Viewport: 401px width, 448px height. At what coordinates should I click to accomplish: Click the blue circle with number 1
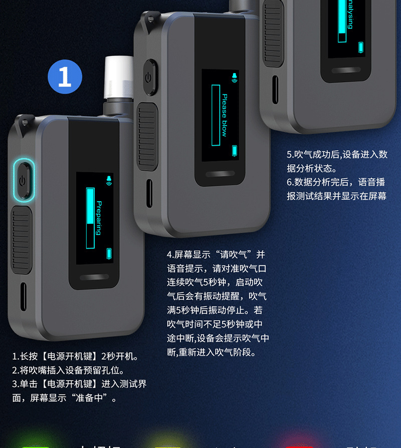point(65,78)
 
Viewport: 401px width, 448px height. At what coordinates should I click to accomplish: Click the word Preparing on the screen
point(99,218)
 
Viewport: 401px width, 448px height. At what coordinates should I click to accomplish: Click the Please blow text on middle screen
point(224,115)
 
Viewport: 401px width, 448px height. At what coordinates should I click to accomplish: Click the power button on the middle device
point(148,78)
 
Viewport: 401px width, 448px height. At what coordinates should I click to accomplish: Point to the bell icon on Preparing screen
point(109,179)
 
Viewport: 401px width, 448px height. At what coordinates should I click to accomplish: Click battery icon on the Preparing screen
point(110,253)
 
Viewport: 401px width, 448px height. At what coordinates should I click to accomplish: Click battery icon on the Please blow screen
point(235,150)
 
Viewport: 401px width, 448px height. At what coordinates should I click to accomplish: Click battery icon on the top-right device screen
point(361,48)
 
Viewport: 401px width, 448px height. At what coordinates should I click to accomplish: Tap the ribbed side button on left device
point(22,240)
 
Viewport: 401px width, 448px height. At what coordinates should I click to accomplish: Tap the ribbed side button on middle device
point(148,135)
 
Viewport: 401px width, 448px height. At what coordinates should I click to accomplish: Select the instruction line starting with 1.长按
point(75,357)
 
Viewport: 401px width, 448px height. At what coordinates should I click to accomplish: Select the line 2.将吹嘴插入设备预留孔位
point(68,371)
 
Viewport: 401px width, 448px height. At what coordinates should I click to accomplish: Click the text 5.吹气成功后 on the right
point(314,155)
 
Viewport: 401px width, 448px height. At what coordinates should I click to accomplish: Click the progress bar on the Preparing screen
point(90,218)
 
